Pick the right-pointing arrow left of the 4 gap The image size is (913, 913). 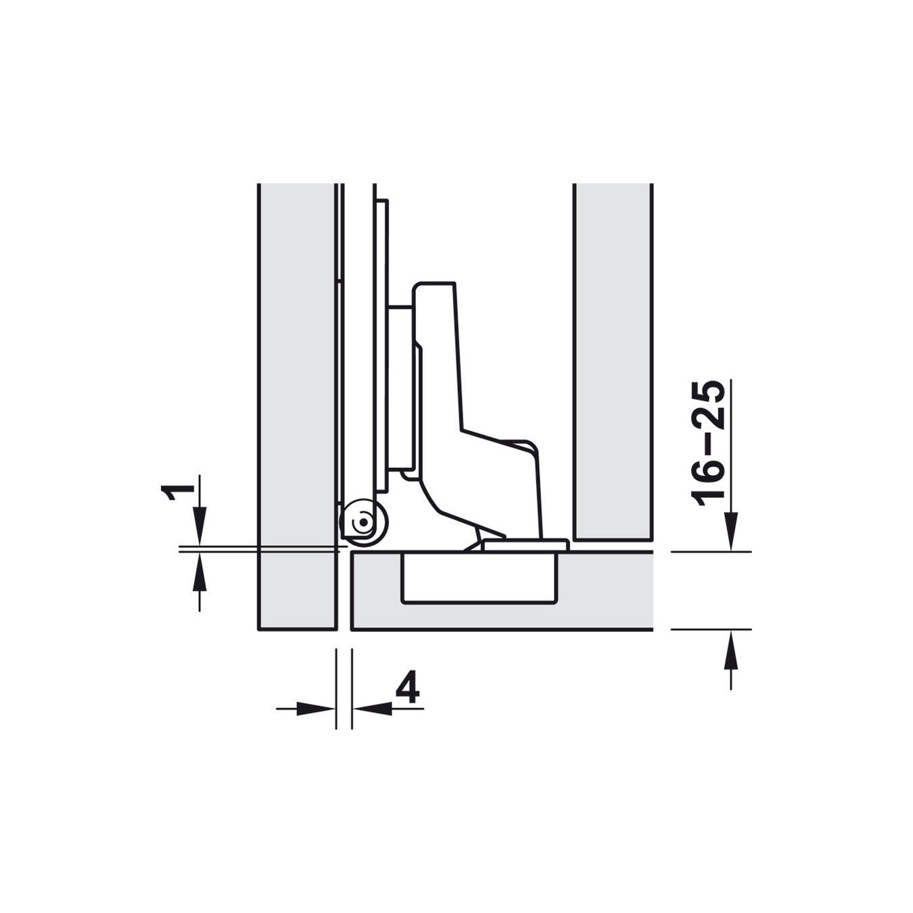pyautogui.click(x=318, y=708)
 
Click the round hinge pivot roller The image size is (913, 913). pyautogui.click(x=363, y=523)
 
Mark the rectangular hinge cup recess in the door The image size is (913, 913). pyautogui.click(x=479, y=578)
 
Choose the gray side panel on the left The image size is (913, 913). pyautogui.click(x=297, y=406)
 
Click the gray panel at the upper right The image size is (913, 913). pyautogui.click(x=613, y=358)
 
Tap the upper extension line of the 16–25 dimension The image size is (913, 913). pyautogui.click(x=710, y=552)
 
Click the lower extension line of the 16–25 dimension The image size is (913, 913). pyautogui.click(x=710, y=629)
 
